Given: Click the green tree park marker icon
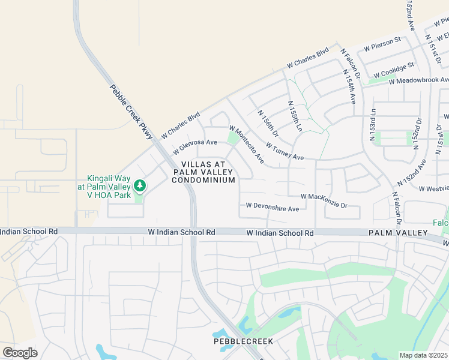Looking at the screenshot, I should click(x=140, y=186).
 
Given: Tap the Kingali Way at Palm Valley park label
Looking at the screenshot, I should click(x=108, y=186).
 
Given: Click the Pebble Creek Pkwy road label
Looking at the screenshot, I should click(x=131, y=113).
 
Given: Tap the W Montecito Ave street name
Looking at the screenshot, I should click(x=247, y=145).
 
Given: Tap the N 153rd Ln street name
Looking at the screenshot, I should click(x=373, y=125).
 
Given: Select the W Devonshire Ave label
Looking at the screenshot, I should click(x=273, y=208).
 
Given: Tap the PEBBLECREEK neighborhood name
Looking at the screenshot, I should click(x=243, y=341).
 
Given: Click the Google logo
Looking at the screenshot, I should click(x=20, y=352).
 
